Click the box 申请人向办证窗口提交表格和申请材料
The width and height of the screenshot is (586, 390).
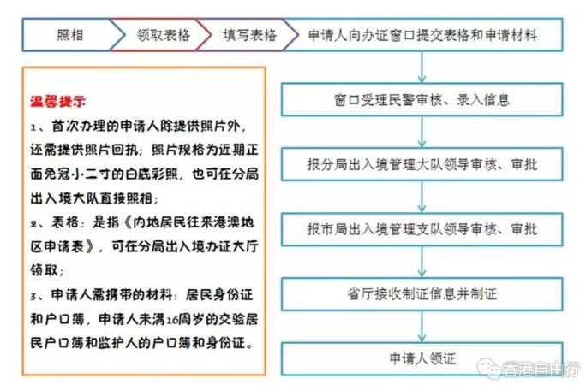pyautogui.click(x=422, y=35)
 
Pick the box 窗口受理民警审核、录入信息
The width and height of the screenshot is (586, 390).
pyautogui.click(x=422, y=100)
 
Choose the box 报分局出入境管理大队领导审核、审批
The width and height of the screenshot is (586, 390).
pyautogui.click(x=422, y=164)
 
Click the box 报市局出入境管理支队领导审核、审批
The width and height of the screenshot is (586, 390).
pyautogui.click(x=422, y=229)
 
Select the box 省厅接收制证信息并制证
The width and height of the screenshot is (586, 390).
pyautogui.click(x=422, y=294)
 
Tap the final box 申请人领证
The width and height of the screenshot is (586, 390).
pyautogui.click(x=422, y=358)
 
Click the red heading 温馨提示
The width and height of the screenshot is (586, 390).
pyautogui.click(x=58, y=101)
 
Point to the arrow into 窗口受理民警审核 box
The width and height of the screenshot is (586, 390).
pyautogui.click(x=422, y=68)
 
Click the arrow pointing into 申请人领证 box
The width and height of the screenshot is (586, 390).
pyautogui.click(x=422, y=327)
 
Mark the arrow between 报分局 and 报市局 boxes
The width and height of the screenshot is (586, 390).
pyautogui.click(x=422, y=197)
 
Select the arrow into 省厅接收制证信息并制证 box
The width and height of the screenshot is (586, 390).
pyautogui.click(x=422, y=262)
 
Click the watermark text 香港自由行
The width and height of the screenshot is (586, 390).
pyautogui.click(x=541, y=369)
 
